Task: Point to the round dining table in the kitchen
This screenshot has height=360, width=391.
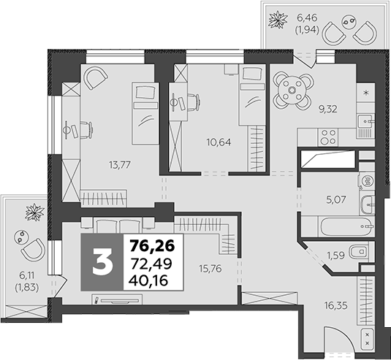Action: click(293, 90)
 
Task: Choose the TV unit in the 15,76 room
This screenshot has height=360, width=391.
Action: click(121, 299)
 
